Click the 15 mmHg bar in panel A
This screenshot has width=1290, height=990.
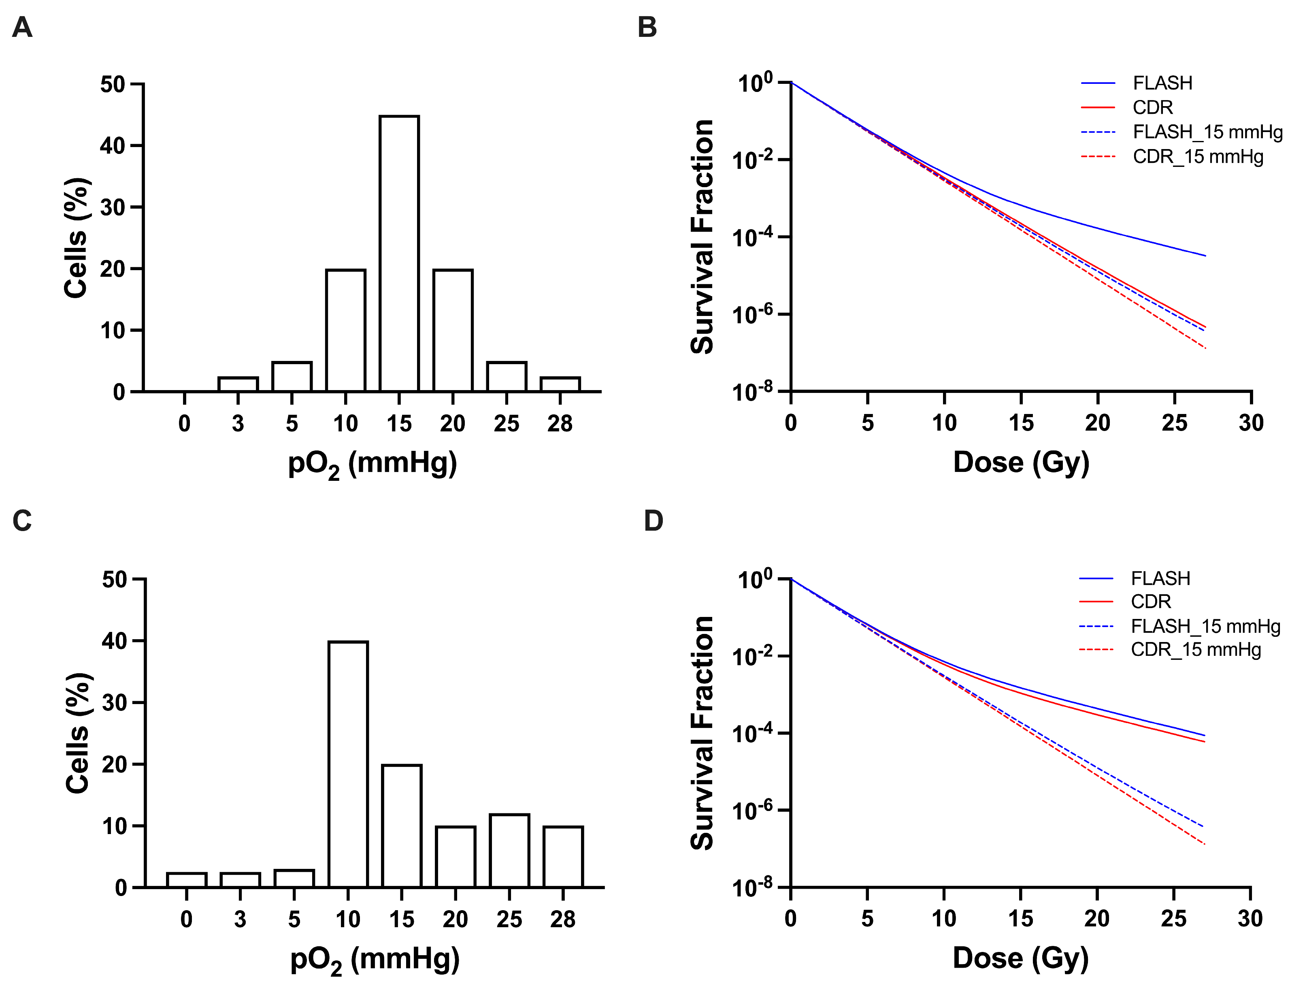pos(399,254)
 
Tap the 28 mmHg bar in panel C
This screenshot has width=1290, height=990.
pos(563,857)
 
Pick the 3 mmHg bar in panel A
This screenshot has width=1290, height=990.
pos(238,384)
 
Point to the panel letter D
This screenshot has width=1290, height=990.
pos(653,521)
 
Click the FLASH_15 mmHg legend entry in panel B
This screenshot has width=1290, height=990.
pos(1181,132)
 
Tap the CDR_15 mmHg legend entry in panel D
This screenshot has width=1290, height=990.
pos(1170,650)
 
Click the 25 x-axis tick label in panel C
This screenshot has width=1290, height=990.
pos(509,919)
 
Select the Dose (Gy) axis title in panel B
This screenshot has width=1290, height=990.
pos(1021,463)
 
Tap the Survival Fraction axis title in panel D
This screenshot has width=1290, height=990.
pos(702,733)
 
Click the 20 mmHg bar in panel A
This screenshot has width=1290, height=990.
pos(453,330)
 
